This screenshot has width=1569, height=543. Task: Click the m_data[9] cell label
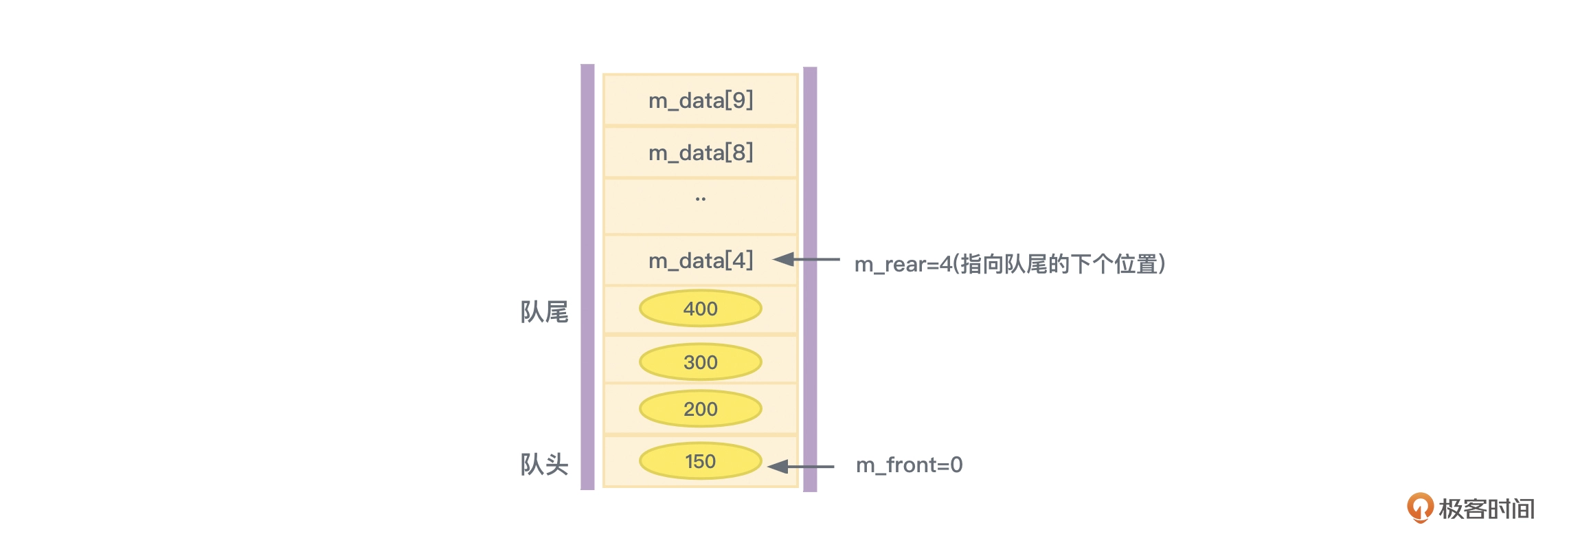pyautogui.click(x=700, y=101)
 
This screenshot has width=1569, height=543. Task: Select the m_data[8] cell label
pyautogui.click(x=700, y=153)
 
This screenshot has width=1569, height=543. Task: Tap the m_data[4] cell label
pyautogui.click(x=700, y=261)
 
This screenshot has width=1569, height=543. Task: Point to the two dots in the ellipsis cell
pyautogui.click(x=700, y=199)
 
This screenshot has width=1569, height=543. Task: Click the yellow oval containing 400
pyautogui.click(x=700, y=309)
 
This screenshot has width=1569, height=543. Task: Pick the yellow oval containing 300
pyautogui.click(x=700, y=362)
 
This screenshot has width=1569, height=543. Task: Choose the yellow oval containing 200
pyautogui.click(x=700, y=409)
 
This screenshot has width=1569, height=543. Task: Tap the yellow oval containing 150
pyautogui.click(x=700, y=461)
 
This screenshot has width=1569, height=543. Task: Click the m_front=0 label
pyautogui.click(x=909, y=465)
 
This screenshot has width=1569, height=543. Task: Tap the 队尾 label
pyautogui.click(x=544, y=312)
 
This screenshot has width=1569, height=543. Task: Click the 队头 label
pyautogui.click(x=544, y=465)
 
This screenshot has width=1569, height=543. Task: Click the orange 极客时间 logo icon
pyautogui.click(x=1419, y=508)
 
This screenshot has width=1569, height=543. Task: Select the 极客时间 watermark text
pyautogui.click(x=1487, y=509)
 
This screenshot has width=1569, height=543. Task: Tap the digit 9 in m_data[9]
pyautogui.click(x=739, y=100)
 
